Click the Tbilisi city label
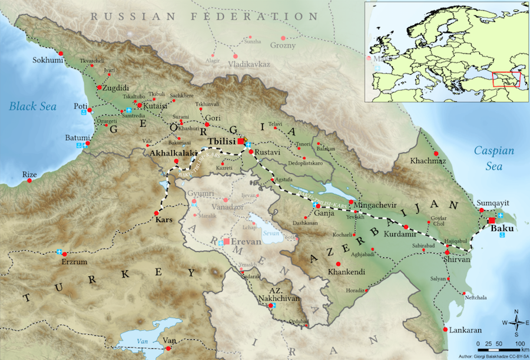pyautogui.click(x=221, y=142)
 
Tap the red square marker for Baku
pyautogui.click(x=492, y=221)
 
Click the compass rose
pyautogui.click(x=516, y=322)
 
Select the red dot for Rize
pyautogui.click(x=29, y=181)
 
